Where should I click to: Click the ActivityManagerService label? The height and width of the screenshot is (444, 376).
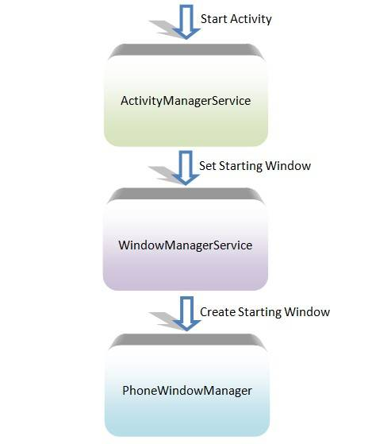pos(185,102)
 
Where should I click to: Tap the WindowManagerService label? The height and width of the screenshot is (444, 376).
pos(185,245)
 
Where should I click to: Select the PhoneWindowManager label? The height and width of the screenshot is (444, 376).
pos(187,390)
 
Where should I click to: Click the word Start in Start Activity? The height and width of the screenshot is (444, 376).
pos(214,18)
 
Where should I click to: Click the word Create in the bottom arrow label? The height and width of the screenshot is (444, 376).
pos(217,311)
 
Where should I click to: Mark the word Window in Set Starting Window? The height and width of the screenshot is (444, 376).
pos(290,166)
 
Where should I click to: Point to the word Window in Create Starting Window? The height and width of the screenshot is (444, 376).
pos(310,311)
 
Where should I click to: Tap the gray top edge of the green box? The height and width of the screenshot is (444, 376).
pos(187,49)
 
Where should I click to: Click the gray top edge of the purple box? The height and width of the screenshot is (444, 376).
pos(187,194)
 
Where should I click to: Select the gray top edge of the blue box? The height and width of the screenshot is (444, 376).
pos(187,339)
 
